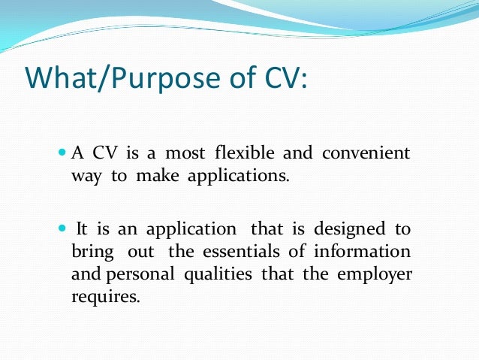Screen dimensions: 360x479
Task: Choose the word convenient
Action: pyautogui.click(x=366, y=154)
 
